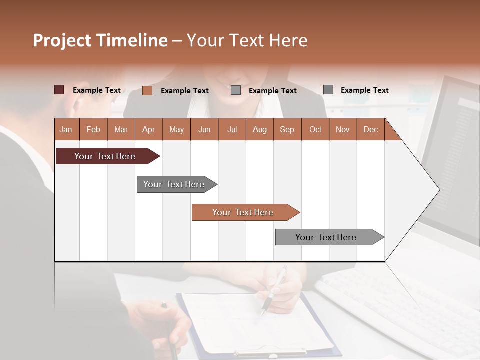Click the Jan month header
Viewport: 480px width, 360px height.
click(x=66, y=130)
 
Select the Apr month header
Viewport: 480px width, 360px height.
click(x=149, y=130)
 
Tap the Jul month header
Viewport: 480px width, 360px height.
click(x=232, y=130)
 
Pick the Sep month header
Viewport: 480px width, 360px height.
click(x=287, y=130)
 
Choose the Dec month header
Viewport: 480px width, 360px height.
click(x=370, y=130)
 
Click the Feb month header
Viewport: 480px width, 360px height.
click(x=93, y=130)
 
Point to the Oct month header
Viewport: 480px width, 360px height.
click(x=315, y=130)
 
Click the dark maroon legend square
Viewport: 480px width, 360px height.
click(x=59, y=90)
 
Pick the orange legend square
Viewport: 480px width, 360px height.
click(x=147, y=90)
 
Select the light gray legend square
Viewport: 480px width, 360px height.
click(x=236, y=90)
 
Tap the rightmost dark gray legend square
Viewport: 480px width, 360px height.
click(x=328, y=90)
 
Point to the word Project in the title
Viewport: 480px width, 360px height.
click(x=62, y=40)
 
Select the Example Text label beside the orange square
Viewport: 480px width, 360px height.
click(x=185, y=91)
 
